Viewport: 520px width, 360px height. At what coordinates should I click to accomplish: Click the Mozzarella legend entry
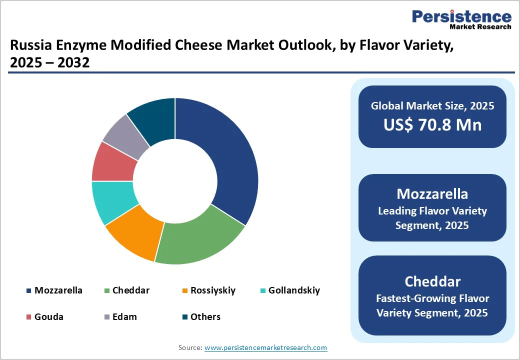tap(58, 290)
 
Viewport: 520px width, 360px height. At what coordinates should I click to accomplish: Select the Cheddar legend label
tap(130, 290)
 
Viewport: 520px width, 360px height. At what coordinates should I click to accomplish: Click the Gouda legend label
tap(48, 317)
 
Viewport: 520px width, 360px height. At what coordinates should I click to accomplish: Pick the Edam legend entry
tap(124, 317)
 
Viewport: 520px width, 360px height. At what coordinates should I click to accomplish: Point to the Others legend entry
tap(205, 317)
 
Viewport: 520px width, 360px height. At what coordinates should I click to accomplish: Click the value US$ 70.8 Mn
tap(432, 124)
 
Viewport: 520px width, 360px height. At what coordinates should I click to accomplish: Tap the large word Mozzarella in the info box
tap(432, 194)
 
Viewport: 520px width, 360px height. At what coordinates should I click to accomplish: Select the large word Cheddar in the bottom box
tap(432, 281)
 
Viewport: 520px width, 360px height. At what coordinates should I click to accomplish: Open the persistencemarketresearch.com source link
tap(265, 347)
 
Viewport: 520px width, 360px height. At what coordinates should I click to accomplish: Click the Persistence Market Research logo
tap(461, 19)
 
